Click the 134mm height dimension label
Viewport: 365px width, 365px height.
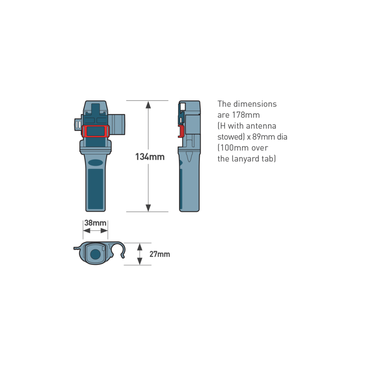point(150,157)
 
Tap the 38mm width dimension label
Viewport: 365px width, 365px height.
point(95,223)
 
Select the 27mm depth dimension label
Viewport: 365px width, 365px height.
point(160,254)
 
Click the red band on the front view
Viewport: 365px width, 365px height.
point(96,131)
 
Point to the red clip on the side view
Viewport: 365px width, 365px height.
point(181,131)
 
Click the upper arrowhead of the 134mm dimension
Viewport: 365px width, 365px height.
point(148,105)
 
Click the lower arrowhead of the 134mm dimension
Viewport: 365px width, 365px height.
point(148,208)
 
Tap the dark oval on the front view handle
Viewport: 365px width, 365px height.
point(96,163)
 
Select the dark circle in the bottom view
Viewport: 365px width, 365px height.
point(95,254)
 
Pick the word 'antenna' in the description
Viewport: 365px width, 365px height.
point(261,126)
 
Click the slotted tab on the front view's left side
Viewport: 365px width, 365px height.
point(78,125)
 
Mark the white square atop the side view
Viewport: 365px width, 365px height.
point(183,107)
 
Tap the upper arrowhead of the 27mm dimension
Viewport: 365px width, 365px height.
point(140,247)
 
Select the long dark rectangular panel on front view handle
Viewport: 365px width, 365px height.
point(95,189)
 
